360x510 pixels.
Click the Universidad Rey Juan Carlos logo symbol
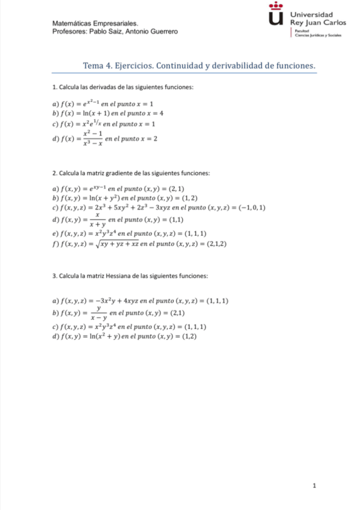pyautogui.click(x=275, y=16)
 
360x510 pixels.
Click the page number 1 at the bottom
pyautogui.click(x=314, y=485)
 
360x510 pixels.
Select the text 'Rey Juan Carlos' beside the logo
pyautogui.click(x=318, y=23)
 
